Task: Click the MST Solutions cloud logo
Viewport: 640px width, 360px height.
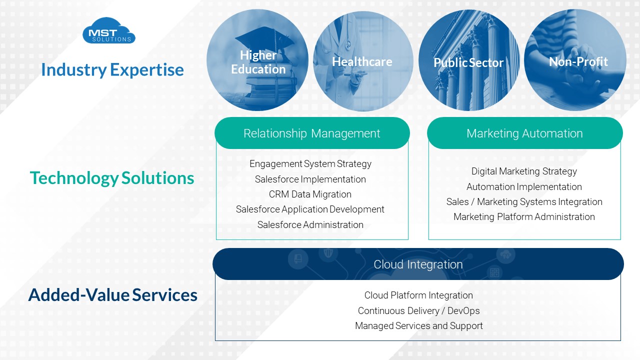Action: [109, 31]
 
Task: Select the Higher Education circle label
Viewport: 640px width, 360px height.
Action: [258, 62]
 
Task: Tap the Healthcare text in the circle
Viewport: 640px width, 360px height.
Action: [362, 61]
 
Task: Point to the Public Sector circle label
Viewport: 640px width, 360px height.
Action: [468, 62]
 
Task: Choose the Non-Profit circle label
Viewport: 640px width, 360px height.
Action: [578, 61]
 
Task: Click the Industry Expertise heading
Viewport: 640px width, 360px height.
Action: [112, 69]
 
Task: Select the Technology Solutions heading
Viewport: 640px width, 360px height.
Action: [112, 178]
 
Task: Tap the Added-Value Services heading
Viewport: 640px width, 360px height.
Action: [113, 295]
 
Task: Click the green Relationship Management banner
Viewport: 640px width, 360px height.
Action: [312, 133]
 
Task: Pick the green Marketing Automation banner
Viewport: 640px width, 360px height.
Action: [524, 133]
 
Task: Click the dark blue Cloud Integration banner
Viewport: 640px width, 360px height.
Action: [418, 264]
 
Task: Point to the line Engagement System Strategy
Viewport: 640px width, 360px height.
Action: [310, 164]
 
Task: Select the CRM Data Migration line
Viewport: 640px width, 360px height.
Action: [310, 194]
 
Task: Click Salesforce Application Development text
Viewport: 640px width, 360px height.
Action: [310, 209]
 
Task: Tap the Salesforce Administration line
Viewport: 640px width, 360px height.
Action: [310, 224]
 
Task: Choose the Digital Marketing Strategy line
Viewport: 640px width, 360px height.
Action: [524, 171]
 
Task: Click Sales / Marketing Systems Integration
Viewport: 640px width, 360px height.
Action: [524, 201]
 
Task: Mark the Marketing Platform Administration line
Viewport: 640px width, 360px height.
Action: [524, 216]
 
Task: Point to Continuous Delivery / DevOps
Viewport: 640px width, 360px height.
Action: [418, 310]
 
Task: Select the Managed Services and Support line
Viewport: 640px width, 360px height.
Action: [418, 325]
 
